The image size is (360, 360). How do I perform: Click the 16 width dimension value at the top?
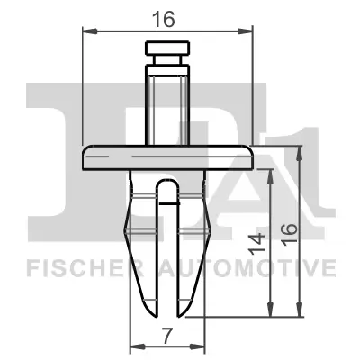tap(166, 16)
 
